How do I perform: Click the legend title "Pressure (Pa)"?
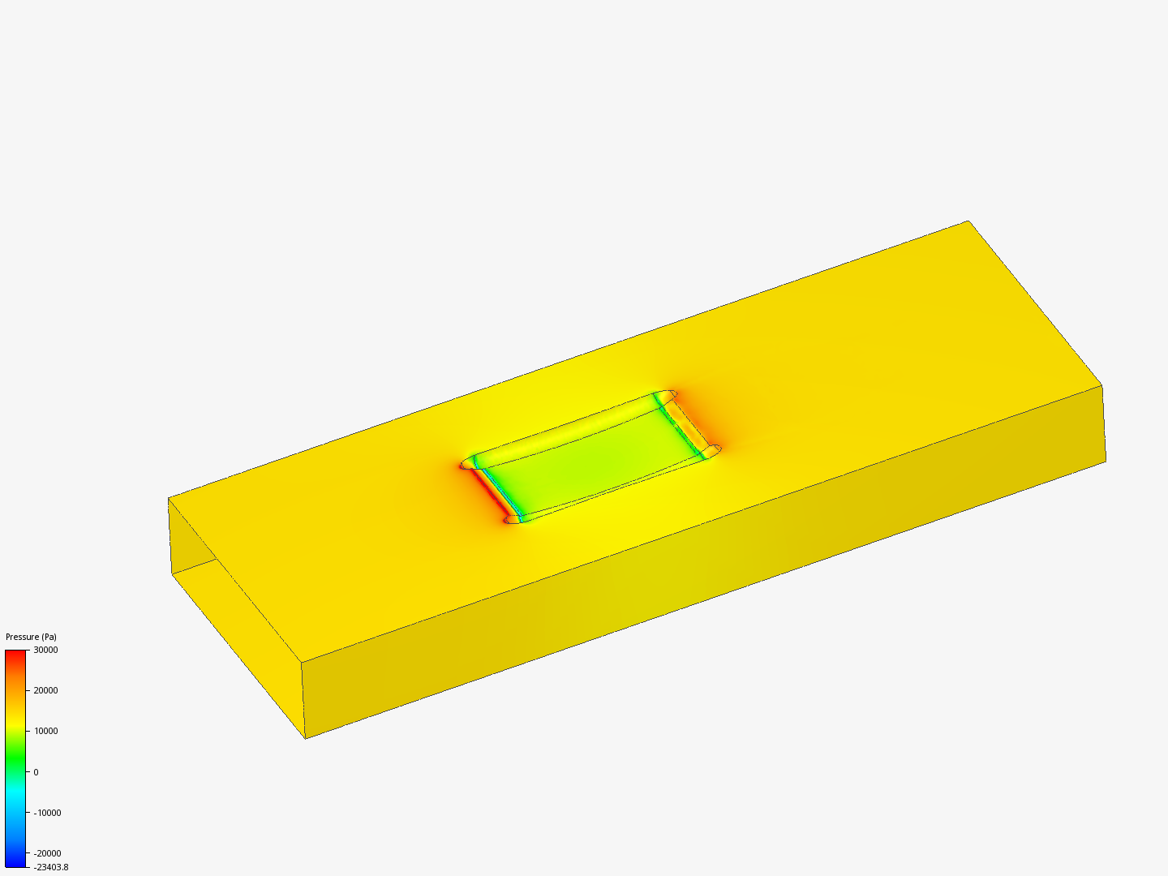click(x=31, y=637)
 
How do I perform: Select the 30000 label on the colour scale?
click(x=45, y=650)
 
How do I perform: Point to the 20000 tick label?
click(x=45, y=690)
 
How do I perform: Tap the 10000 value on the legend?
click(x=45, y=731)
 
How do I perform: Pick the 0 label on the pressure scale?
click(x=36, y=772)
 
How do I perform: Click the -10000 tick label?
click(x=47, y=813)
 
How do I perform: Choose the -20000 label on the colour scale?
click(x=47, y=853)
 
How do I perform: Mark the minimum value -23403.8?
click(x=50, y=867)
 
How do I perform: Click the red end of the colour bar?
click(x=15, y=655)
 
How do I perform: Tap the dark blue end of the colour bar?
click(x=15, y=861)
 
